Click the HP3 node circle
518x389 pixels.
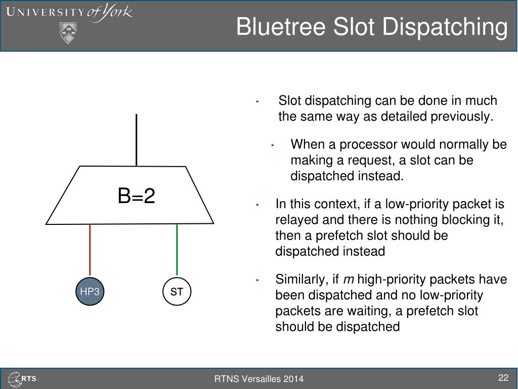90,291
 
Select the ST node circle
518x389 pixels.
177,291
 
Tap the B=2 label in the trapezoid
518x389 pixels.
137,196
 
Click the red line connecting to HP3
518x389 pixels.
90,250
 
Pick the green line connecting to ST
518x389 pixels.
177,250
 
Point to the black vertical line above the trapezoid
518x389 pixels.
137,140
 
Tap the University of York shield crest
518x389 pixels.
68,33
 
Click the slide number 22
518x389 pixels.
503,377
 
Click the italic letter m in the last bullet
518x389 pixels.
349,280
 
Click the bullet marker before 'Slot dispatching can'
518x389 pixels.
257,101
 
